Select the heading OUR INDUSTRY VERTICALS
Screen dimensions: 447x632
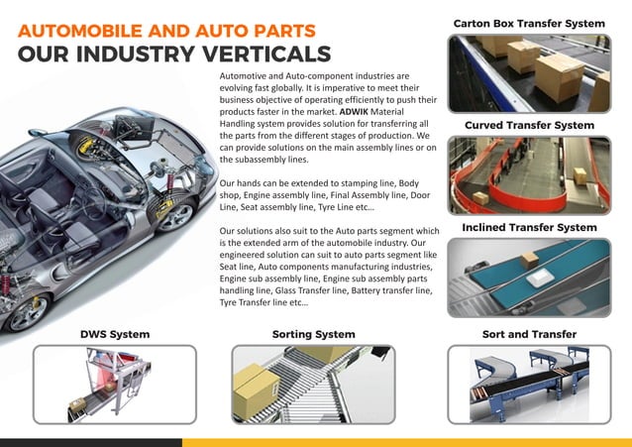[174, 54]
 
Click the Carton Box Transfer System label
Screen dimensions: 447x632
[528, 22]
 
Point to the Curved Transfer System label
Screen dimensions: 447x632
[529, 126]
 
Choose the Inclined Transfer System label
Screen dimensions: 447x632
[529, 228]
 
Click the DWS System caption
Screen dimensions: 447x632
[114, 334]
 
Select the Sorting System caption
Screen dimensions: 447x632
[313, 334]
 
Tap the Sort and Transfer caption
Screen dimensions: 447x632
[528, 334]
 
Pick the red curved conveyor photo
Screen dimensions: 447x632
[528, 175]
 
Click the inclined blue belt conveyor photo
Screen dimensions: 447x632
[528, 279]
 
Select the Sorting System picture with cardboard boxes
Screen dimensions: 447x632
[313, 384]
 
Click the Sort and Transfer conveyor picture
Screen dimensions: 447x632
[528, 384]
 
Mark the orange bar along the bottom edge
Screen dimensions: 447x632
[406, 442]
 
